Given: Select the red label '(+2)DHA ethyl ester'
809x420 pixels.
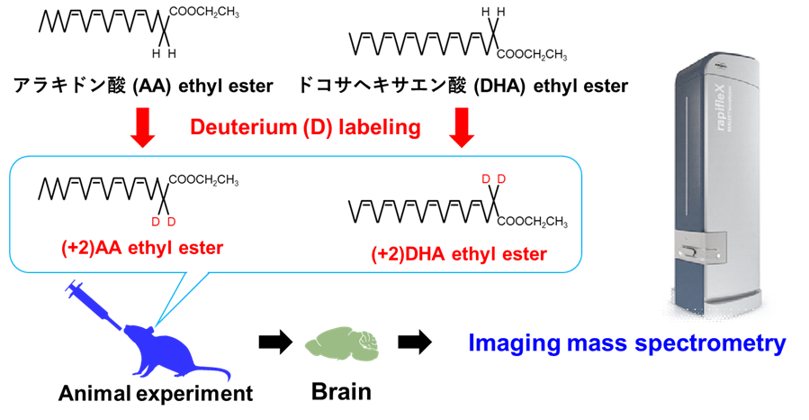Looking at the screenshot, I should pyautogui.click(x=458, y=254).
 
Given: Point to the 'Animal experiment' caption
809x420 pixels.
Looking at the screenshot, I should pyautogui.click(x=155, y=394).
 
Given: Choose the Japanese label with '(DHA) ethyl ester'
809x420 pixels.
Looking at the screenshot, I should pyautogui.click(x=463, y=87).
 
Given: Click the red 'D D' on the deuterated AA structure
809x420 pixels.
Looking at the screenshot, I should pyautogui.click(x=164, y=222).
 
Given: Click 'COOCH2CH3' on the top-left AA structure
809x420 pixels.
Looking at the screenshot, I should pyautogui.click(x=203, y=11).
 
